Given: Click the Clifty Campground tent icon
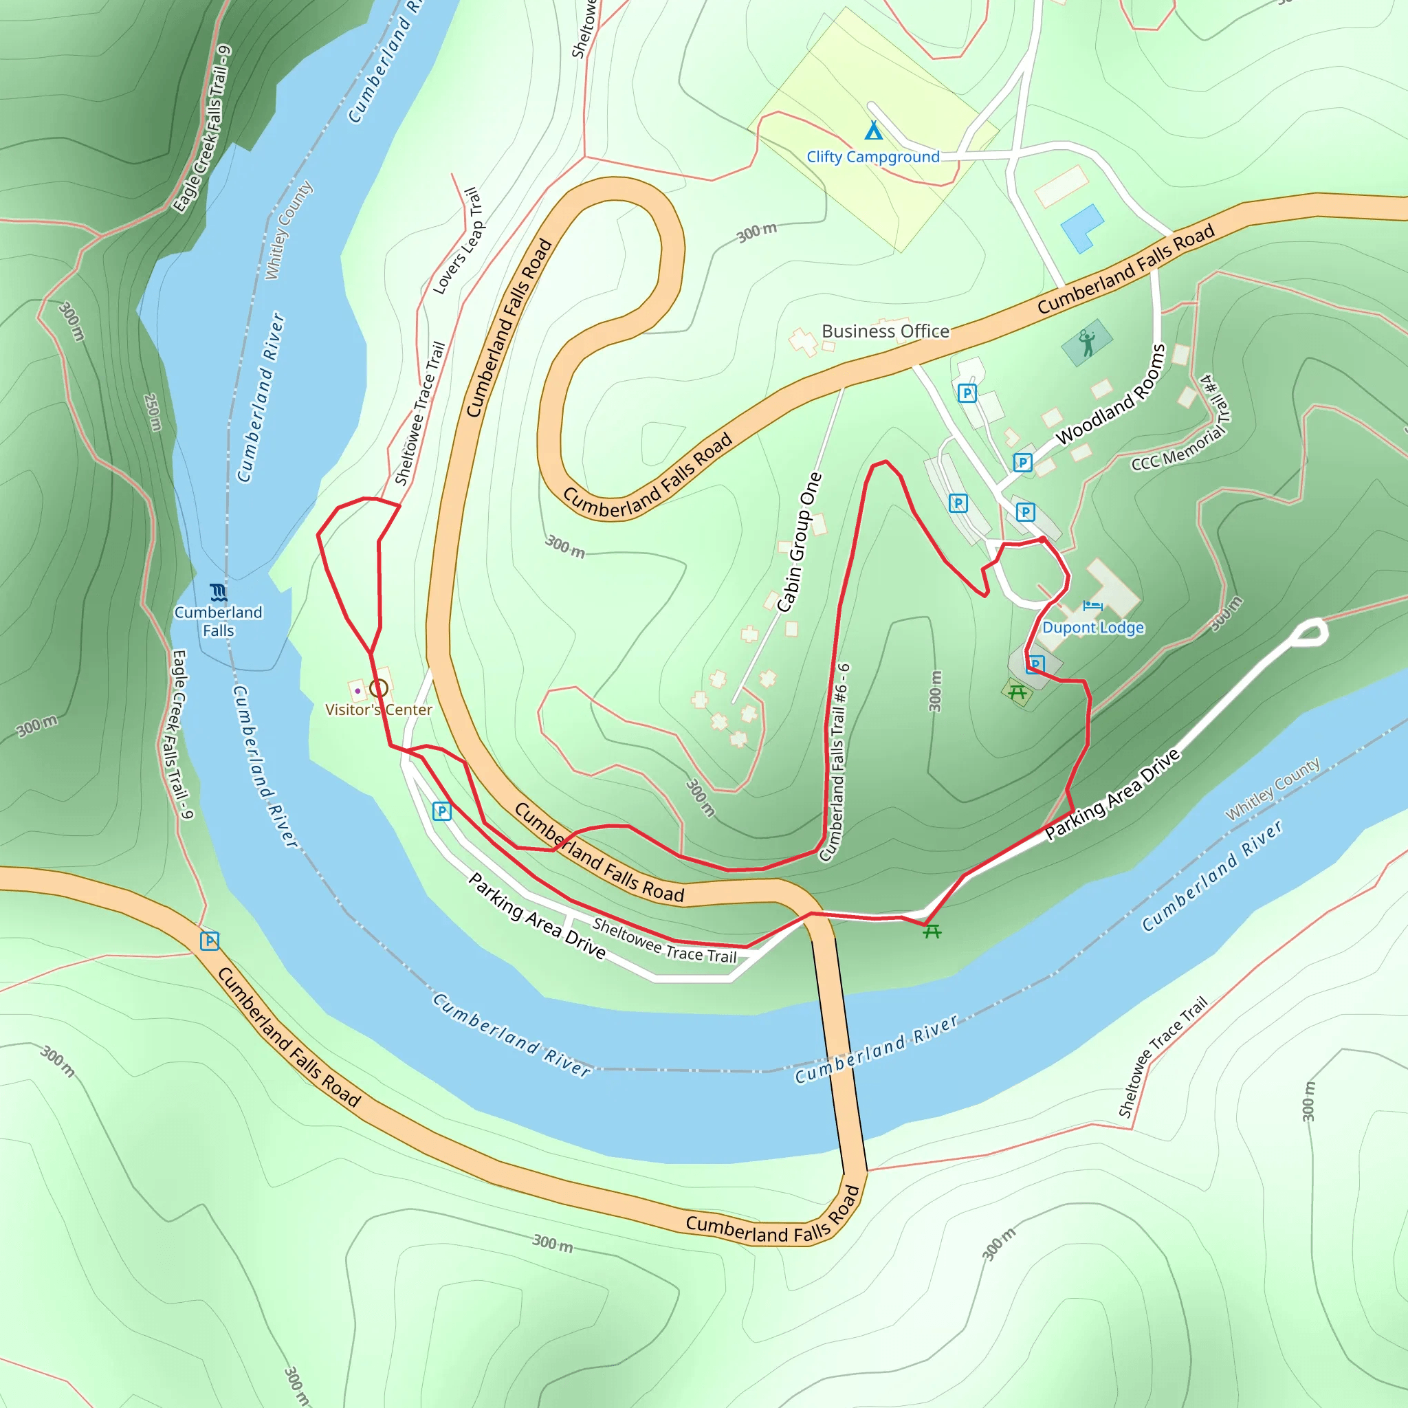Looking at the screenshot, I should pyautogui.click(x=873, y=131).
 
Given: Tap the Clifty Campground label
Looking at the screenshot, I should pyautogui.click(x=872, y=157).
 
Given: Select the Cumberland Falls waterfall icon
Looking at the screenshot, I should pyautogui.click(x=218, y=592).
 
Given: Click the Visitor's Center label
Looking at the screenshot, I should pyautogui.click(x=378, y=709).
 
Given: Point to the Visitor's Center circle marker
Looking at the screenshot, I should pyautogui.click(x=378, y=688).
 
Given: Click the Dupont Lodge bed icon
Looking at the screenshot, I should pyautogui.click(x=1092, y=606).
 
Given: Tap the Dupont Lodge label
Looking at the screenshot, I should pyautogui.click(x=1092, y=628).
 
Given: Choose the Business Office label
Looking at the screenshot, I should pyautogui.click(x=885, y=331).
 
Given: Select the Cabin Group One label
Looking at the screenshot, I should pyautogui.click(x=800, y=542).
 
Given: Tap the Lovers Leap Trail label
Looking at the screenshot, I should pyautogui.click(x=458, y=241).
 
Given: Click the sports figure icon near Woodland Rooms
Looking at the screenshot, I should pyautogui.click(x=1087, y=342).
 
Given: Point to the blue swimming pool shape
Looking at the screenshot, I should pyautogui.click(x=1081, y=227).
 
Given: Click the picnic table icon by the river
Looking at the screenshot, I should pyautogui.click(x=932, y=932).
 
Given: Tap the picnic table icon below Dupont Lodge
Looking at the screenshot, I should pyautogui.click(x=1017, y=692).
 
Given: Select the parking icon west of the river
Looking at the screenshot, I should pyautogui.click(x=210, y=941).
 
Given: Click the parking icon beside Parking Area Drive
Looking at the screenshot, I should pyautogui.click(x=441, y=811).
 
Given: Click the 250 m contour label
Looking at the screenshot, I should pyautogui.click(x=153, y=412).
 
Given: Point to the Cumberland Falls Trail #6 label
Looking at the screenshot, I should pyautogui.click(x=835, y=762).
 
